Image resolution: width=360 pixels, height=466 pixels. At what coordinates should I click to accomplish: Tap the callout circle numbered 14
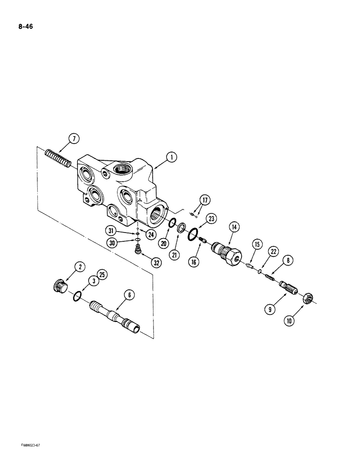tap(234, 227)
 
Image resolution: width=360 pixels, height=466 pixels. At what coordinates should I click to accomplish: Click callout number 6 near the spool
tap(130, 295)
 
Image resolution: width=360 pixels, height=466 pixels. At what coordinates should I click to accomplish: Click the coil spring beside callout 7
tap(59, 158)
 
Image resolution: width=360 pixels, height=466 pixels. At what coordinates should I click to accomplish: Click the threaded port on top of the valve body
tap(125, 171)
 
